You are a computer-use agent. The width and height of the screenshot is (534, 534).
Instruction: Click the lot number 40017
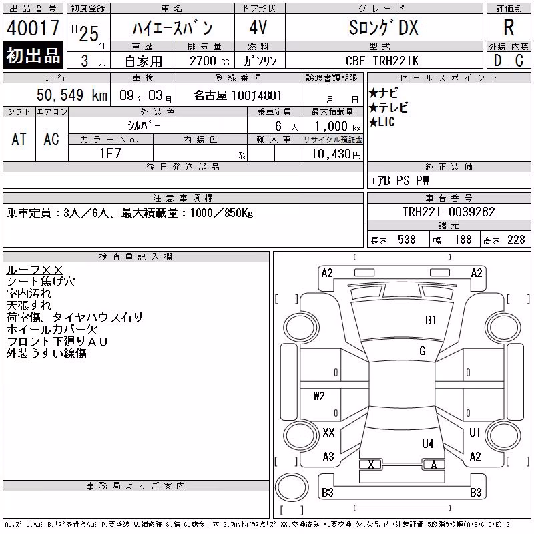click(x=33, y=27)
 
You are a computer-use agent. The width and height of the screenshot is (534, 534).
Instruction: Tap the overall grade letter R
click(x=509, y=27)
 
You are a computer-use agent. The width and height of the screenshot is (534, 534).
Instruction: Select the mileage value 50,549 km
click(x=72, y=95)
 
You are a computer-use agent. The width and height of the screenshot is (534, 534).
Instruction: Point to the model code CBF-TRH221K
click(x=382, y=61)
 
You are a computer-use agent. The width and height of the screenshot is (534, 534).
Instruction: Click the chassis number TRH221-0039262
click(x=449, y=212)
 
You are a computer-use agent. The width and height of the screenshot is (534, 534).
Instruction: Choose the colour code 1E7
click(x=110, y=154)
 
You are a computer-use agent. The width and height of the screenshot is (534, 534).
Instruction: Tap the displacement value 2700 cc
click(x=210, y=61)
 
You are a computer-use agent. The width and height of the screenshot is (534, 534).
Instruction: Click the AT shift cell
click(x=19, y=139)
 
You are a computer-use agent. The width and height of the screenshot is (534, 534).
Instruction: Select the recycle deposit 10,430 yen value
click(x=336, y=154)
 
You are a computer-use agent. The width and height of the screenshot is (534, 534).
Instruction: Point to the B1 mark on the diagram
click(x=431, y=320)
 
